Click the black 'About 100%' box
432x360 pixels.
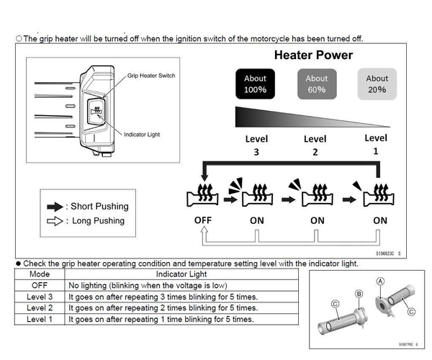point(256,84)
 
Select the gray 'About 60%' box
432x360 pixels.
point(317,84)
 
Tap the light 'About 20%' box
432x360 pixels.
point(377,84)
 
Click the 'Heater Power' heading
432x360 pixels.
point(313,55)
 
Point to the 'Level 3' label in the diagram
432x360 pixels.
point(255,145)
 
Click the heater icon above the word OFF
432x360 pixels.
point(203,194)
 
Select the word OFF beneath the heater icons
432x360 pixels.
point(203,220)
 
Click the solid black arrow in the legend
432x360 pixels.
point(53,207)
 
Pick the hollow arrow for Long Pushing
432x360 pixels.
point(53,221)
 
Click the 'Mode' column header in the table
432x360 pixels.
point(40,274)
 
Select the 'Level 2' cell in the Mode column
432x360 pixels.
point(40,307)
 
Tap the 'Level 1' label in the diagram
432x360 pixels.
point(376,145)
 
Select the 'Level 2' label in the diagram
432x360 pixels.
point(315,145)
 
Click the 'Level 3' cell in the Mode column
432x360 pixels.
point(40,297)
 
